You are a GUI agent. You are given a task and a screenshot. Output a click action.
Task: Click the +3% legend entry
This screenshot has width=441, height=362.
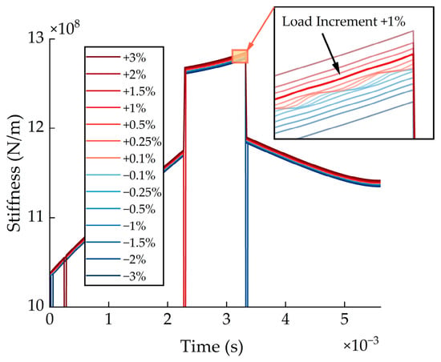click(x=116, y=58)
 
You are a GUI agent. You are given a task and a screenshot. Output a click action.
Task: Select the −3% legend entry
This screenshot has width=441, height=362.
click(x=116, y=276)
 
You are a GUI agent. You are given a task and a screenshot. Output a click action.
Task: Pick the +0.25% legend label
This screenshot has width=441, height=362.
click(x=142, y=142)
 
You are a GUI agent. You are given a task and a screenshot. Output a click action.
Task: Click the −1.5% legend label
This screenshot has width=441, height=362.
click(x=140, y=243)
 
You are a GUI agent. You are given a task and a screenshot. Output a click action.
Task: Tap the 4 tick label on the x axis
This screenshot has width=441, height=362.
click(x=285, y=319)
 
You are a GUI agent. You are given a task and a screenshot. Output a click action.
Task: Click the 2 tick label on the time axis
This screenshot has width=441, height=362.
click(x=168, y=319)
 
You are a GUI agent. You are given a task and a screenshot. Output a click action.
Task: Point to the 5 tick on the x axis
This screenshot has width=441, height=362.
click(x=345, y=319)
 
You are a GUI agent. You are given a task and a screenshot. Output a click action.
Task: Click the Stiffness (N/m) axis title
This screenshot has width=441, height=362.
click(x=14, y=173)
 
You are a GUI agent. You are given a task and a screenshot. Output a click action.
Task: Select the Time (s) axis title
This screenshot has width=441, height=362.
click(x=212, y=346)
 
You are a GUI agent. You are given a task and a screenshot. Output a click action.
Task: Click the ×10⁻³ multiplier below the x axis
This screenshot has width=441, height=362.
click(x=361, y=344)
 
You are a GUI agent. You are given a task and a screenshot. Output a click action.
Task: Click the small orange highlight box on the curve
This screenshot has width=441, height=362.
click(x=240, y=56)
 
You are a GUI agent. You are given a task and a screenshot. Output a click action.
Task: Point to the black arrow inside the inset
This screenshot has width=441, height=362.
click(x=330, y=54)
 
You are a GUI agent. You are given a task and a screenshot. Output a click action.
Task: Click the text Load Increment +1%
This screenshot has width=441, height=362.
click(x=343, y=22)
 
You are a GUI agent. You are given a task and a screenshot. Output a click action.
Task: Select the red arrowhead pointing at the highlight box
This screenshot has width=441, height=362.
click(x=250, y=46)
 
